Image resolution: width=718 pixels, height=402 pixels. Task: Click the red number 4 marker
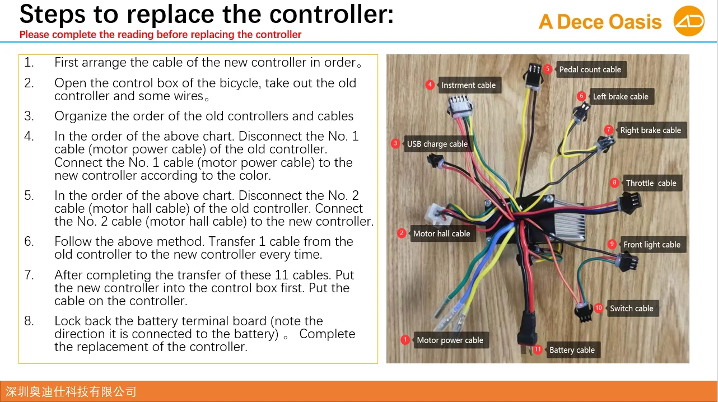430,85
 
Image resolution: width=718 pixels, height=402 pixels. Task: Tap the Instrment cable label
468,85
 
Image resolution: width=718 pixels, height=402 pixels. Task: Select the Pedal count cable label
590,69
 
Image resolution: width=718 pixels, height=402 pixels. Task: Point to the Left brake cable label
621,96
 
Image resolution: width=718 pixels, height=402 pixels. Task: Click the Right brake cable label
650,130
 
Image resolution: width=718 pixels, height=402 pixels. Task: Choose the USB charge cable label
437,144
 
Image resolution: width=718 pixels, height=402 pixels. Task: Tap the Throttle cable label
651,183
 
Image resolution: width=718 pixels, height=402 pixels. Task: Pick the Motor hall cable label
441,233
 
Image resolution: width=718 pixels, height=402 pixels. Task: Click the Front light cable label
652,245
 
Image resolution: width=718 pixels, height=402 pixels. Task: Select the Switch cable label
631,308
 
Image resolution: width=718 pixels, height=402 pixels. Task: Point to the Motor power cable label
450,340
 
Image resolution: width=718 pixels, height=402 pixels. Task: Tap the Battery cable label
572,350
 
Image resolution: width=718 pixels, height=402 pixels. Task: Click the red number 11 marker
538,349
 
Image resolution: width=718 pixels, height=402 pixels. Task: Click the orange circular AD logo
688,22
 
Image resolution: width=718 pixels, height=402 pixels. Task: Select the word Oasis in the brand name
635,22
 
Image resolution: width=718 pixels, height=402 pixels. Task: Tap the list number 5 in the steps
29,196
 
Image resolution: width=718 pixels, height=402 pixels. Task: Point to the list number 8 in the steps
29,321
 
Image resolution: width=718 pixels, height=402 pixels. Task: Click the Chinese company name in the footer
71,391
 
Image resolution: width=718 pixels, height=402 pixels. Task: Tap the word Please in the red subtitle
35,35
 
